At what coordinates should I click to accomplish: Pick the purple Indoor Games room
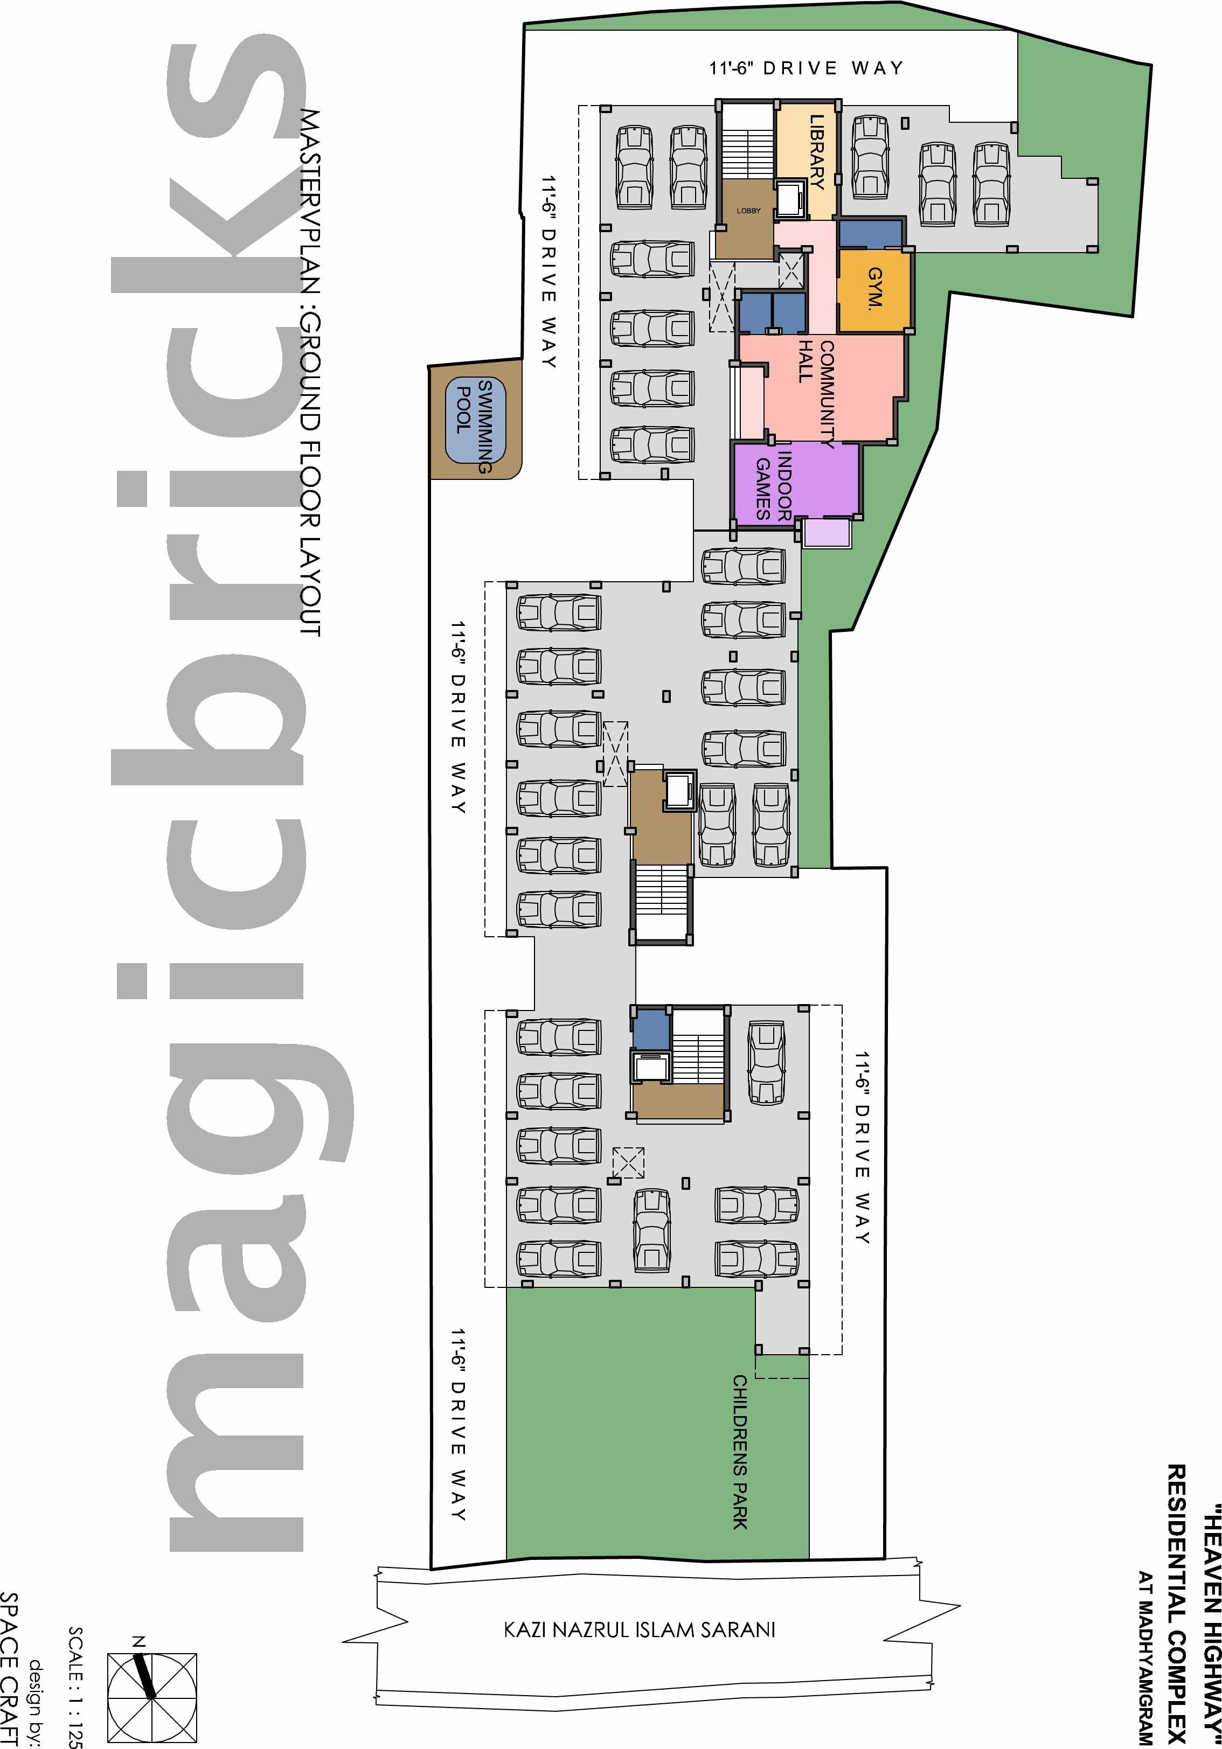[796, 482]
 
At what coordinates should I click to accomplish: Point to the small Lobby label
[748, 211]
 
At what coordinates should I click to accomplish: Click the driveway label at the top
[806, 68]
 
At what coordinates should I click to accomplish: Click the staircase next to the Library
[747, 143]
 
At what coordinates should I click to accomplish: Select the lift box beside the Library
[790, 200]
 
